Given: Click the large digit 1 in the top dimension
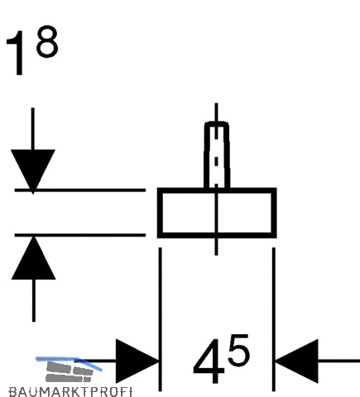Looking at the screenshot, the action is coord(17,53).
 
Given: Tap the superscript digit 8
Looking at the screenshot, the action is coord(47,41).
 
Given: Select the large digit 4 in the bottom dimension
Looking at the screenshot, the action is coord(209,361).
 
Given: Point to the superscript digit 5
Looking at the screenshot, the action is coord(238,350).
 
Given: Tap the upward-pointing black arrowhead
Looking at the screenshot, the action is coord(33,258).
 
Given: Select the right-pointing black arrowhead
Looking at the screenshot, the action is coord(137,361).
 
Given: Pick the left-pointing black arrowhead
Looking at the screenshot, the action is coord(296,361).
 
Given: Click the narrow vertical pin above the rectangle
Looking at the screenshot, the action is coord(217,155).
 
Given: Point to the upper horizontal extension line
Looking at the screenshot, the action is coord(80,190).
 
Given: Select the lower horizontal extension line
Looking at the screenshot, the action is coord(80,235).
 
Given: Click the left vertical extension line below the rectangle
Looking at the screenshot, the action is coord(161,319).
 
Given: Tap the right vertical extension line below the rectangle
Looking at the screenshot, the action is coord(274,319).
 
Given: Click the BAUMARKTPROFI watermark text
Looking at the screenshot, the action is coord(70,392).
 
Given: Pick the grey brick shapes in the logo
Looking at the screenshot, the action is coord(69,372).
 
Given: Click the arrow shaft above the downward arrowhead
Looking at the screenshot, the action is coord(33,129).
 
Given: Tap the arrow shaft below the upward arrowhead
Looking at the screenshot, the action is coord(34,300).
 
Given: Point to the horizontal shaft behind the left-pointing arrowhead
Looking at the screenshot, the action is coord(338,361).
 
